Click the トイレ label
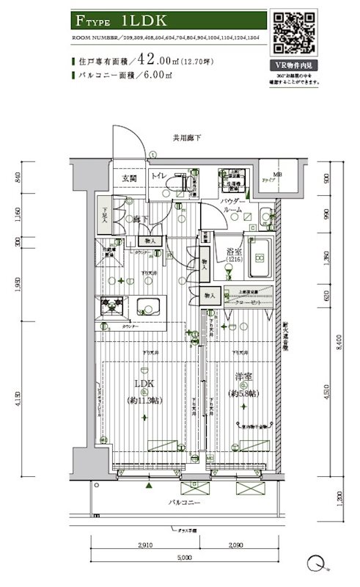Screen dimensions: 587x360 tap(161, 177)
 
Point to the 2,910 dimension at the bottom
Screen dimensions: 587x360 tap(145, 546)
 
